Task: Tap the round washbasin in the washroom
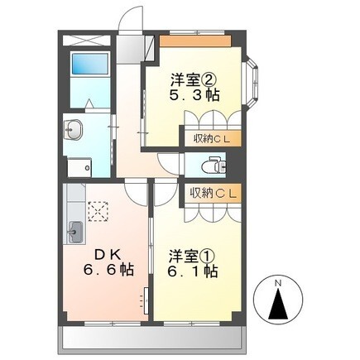[x=74, y=130]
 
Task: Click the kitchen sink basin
[x=74, y=231]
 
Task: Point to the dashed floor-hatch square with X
[x=98, y=213]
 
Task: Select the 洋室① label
[x=191, y=252]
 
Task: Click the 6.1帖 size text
[x=191, y=270]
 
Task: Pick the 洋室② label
[x=193, y=80]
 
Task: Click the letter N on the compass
[x=279, y=284]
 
